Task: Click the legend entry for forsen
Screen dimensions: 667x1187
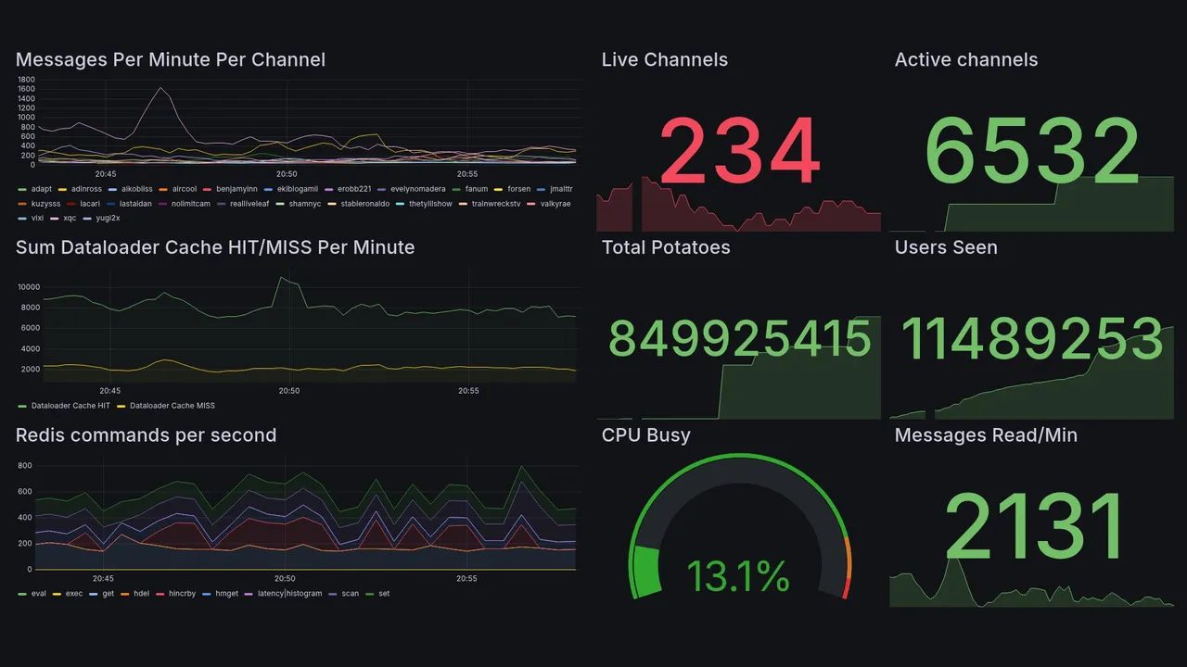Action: pyautogui.click(x=518, y=189)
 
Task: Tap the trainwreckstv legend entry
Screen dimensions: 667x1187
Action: pyautogui.click(x=496, y=204)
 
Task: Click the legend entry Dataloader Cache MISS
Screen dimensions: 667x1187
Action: pyautogui.click(x=172, y=406)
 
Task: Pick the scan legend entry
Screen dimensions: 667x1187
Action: pyautogui.click(x=350, y=594)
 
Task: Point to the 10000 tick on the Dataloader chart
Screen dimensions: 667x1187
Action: pyautogui.click(x=28, y=287)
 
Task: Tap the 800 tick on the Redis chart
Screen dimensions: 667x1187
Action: pyautogui.click(x=24, y=466)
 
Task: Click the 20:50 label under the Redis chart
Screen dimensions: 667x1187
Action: pyautogui.click(x=285, y=579)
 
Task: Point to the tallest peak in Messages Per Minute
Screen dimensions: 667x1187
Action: pyautogui.click(x=161, y=88)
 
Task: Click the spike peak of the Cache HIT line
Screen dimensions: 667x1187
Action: pyautogui.click(x=281, y=278)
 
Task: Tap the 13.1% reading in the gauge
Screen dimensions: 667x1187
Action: pyautogui.click(x=738, y=577)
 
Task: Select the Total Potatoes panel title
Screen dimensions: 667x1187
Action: pyautogui.click(x=665, y=247)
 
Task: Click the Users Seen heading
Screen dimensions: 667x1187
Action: pyautogui.click(x=945, y=247)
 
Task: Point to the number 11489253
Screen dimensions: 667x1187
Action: pyautogui.click(x=1031, y=340)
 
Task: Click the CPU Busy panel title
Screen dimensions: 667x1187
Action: pyautogui.click(x=645, y=435)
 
